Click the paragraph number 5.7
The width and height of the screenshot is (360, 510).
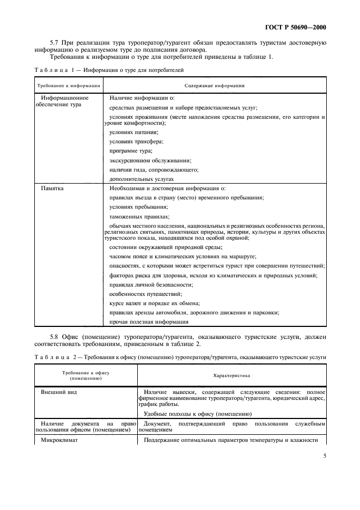click(54, 42)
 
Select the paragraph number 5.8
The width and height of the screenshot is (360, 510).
click(54, 338)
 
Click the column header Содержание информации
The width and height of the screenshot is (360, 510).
click(214, 86)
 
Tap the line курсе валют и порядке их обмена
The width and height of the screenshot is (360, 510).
click(155, 303)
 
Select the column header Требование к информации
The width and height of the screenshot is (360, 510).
click(69, 86)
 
